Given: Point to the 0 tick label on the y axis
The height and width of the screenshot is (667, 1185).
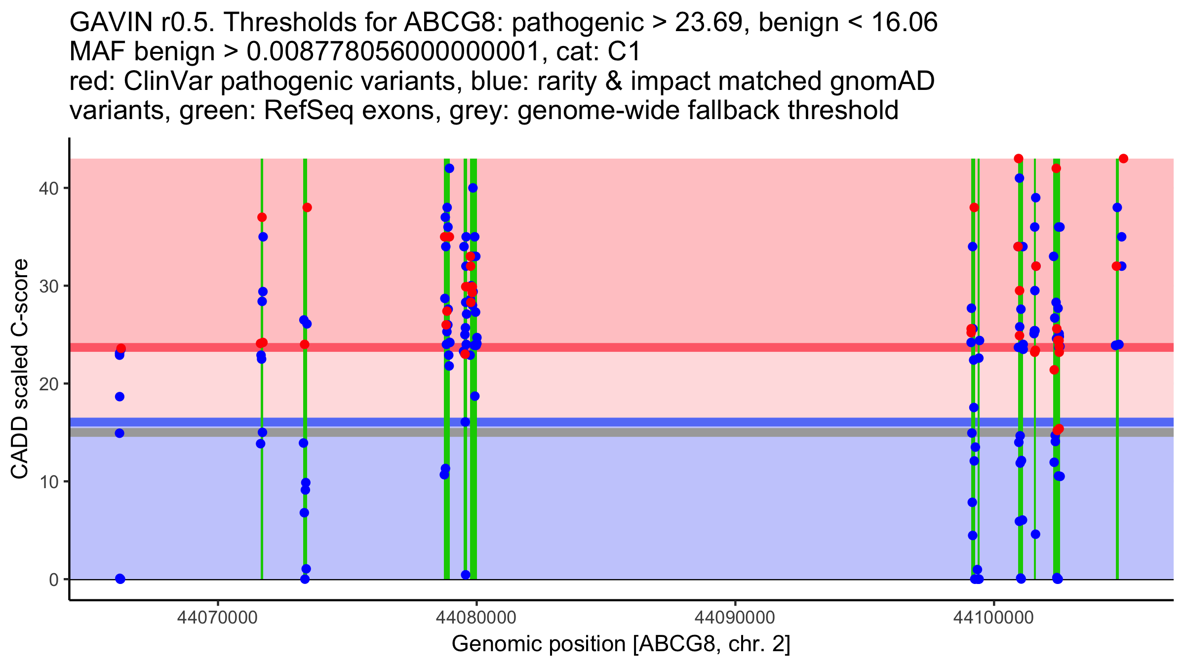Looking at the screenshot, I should coord(53,580).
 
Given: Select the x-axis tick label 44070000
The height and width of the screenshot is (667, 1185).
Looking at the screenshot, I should coord(217,618).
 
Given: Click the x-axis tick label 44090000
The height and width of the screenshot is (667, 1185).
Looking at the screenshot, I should coord(735,618).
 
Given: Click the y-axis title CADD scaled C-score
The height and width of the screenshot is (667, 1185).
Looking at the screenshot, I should coord(20,369).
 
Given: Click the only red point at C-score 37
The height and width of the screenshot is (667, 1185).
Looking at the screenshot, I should coord(262,217).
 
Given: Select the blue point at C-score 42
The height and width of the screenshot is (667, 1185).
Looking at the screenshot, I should coord(449,168).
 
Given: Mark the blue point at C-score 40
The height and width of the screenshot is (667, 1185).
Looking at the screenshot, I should coord(473,188).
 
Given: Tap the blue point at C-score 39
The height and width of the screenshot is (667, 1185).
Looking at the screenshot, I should coord(1035,198).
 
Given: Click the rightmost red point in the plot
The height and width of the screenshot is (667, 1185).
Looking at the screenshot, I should coord(1123,159).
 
